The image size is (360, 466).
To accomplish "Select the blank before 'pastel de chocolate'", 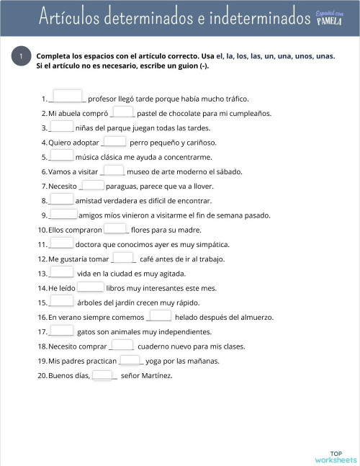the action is (x=123, y=112).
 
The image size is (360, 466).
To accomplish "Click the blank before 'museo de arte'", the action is (x=114, y=171).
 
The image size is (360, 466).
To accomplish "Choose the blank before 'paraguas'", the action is (x=93, y=185).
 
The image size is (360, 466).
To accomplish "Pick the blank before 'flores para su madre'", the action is (x=115, y=229).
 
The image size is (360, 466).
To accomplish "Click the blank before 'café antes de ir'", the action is (x=123, y=258).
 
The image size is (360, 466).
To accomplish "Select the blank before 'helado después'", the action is (x=159, y=315).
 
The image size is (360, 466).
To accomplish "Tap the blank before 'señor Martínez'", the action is (x=103, y=375).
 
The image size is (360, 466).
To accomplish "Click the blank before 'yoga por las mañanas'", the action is (x=130, y=360).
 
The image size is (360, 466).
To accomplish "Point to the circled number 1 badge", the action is (x=22, y=57).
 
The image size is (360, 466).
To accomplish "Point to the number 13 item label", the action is (x=42, y=274).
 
